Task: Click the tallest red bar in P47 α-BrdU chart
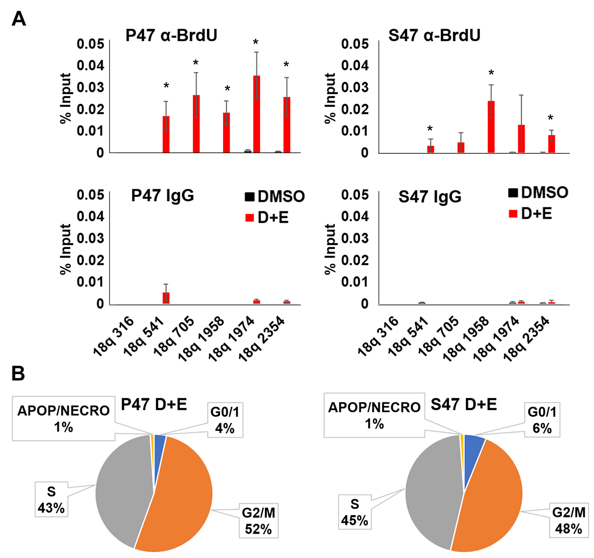pos(256,114)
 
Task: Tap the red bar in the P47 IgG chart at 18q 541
pos(166,298)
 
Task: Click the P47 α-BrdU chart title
pos(171,35)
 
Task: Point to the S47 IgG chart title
pos(430,197)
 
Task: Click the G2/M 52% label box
pos(258,521)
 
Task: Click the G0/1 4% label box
pos(225,420)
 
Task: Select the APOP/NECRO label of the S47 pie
pos(374,415)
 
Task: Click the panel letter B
pos(18,374)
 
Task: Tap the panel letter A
pos(18,19)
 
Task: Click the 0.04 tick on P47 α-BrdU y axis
pos(90,65)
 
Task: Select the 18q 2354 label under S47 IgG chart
pos(526,339)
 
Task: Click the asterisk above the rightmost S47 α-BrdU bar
pos(550,118)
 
